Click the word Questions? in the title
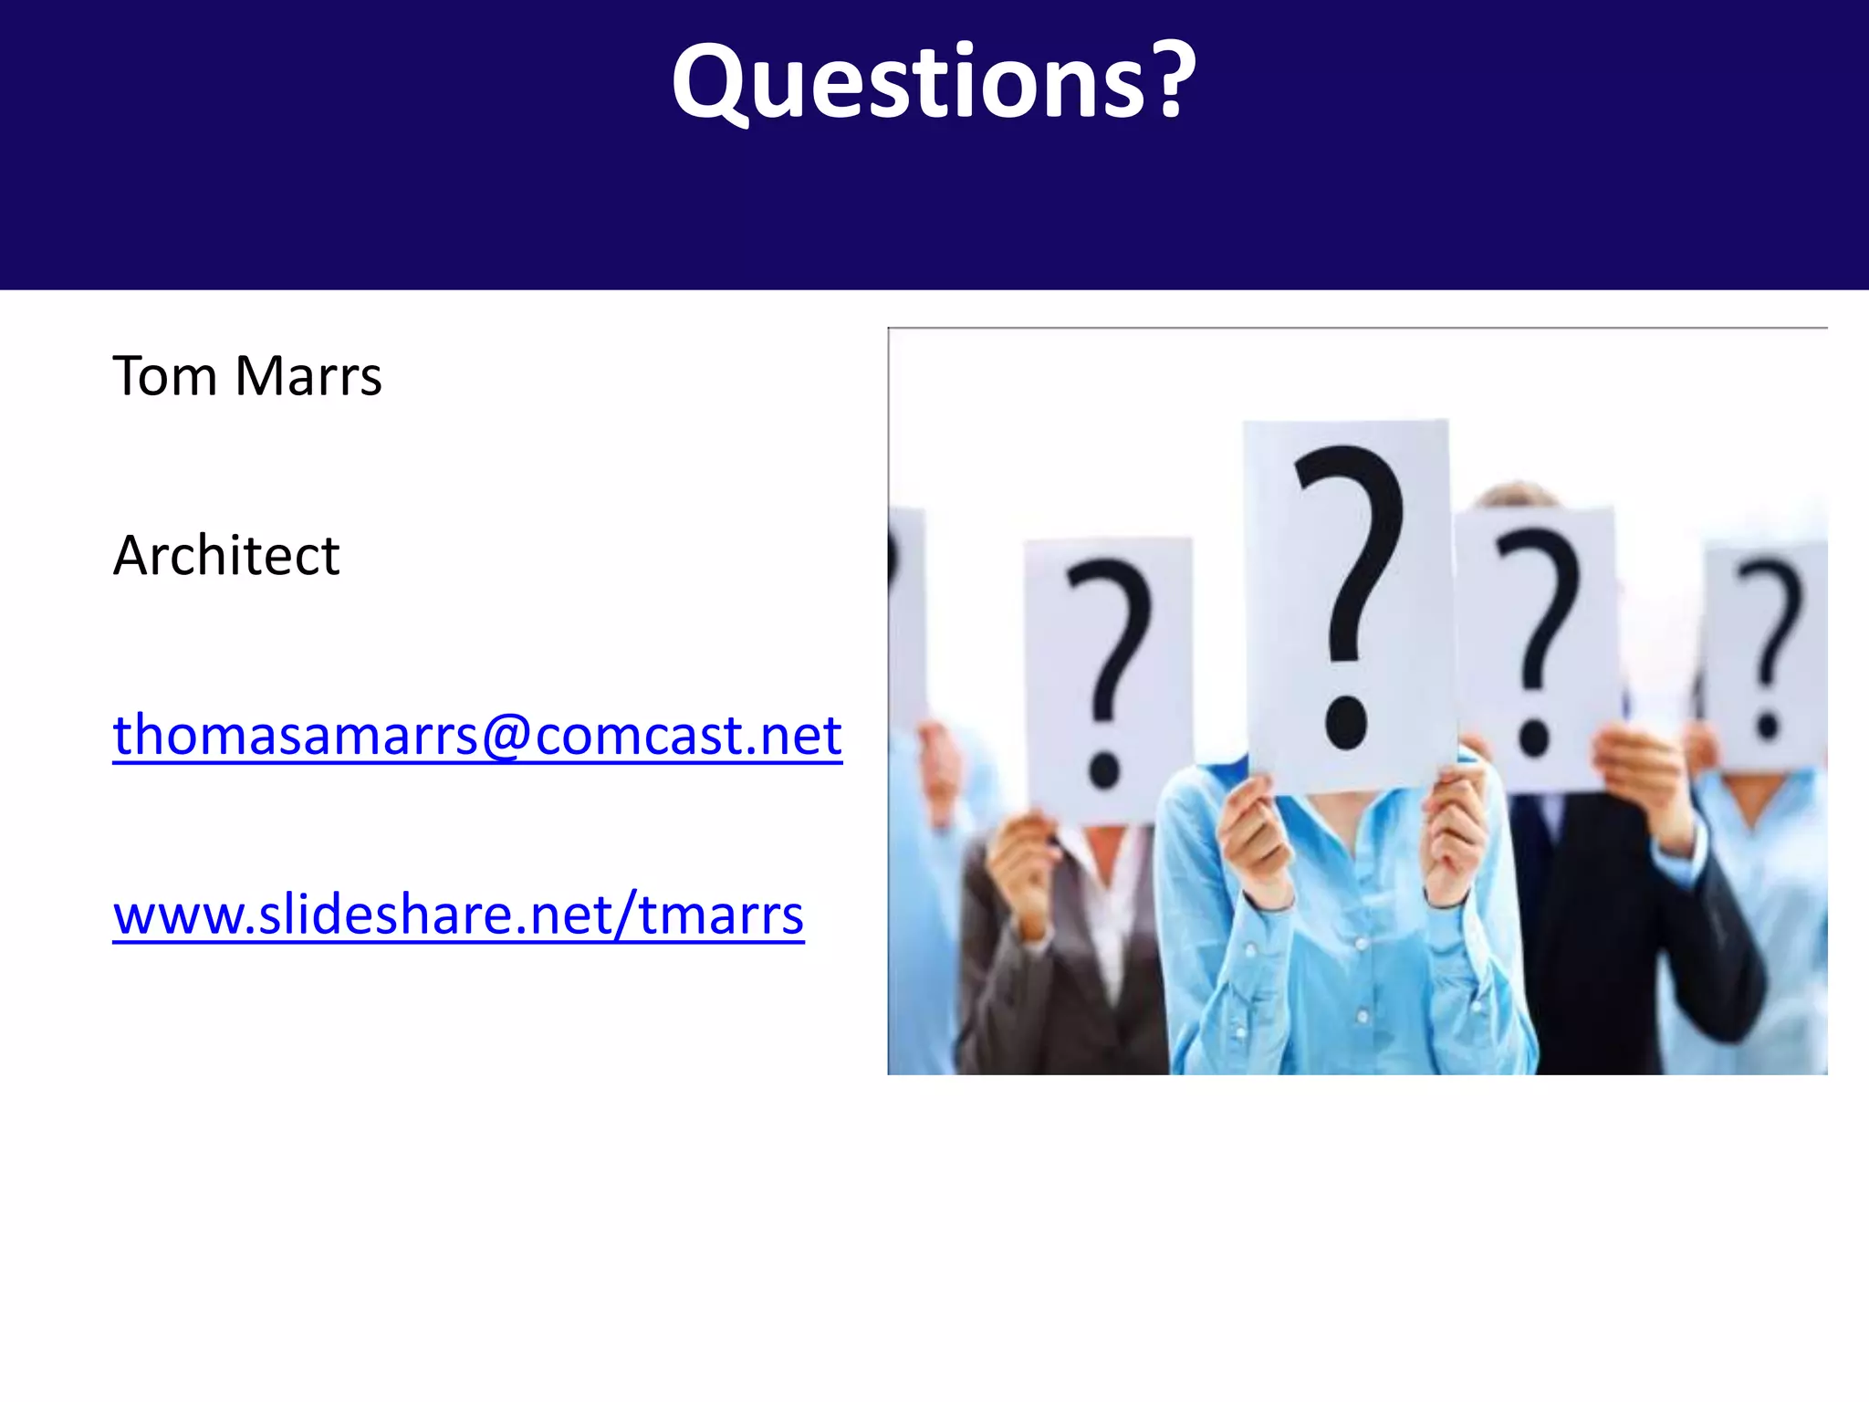[933, 82]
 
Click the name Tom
[164, 376]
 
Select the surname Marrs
[308, 376]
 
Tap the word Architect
[225, 555]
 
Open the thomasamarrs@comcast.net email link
[476, 735]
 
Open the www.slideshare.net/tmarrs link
[458, 915]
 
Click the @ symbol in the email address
[506, 736]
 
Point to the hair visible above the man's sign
[1515, 496]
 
